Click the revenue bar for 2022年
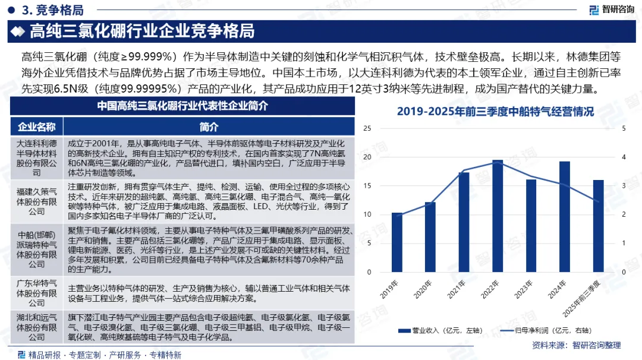tap(498, 216)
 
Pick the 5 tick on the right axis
tap(624, 128)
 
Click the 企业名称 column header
tap(37, 127)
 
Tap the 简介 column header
tap(209, 127)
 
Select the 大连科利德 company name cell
tap(37, 158)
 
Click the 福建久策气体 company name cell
tap(37, 201)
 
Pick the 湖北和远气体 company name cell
tap(37, 327)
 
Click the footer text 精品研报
tap(44, 355)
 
